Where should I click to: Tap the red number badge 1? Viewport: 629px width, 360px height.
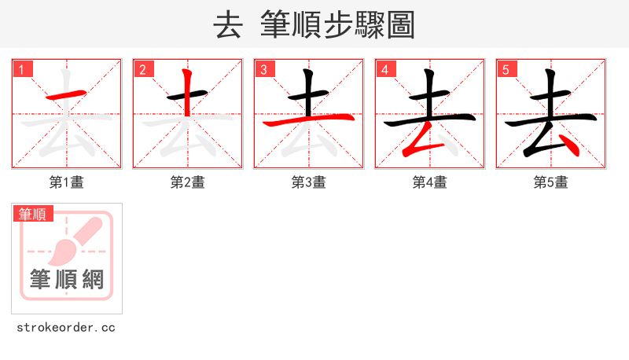(22, 69)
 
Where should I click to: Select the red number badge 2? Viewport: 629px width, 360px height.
(143, 69)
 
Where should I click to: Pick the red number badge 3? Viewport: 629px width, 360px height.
(264, 69)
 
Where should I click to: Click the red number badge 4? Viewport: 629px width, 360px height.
(385, 69)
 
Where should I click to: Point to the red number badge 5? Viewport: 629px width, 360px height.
(506, 69)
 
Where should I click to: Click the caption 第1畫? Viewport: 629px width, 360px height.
(67, 182)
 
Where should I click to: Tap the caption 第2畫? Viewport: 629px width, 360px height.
(188, 182)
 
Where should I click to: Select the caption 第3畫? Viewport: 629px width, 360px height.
(309, 182)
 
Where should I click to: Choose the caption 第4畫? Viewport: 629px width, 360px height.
(430, 182)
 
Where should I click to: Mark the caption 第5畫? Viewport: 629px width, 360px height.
(551, 182)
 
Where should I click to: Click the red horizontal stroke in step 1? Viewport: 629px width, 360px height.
(67, 95)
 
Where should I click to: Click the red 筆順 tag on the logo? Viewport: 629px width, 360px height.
(32, 214)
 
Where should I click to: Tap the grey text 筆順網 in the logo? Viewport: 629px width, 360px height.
(67, 279)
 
